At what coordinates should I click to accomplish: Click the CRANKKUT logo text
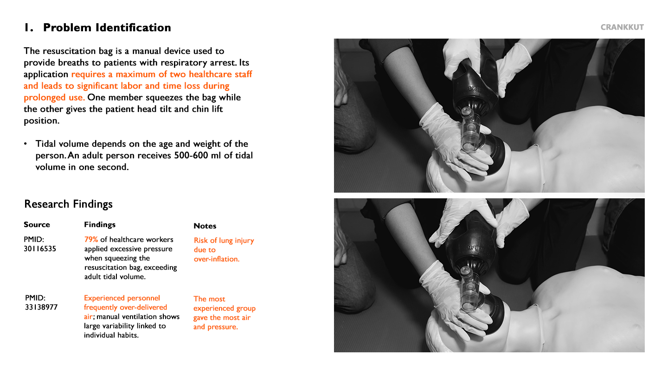[622, 27]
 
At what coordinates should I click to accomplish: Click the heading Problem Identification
[107, 27]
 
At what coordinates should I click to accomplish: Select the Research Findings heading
[68, 204]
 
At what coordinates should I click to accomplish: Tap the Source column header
[37, 224]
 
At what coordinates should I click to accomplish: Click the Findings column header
[100, 225]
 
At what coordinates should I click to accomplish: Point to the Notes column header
[205, 226]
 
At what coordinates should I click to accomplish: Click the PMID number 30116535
[40, 249]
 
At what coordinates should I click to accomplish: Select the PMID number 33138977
[41, 307]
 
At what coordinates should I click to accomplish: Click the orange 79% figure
[91, 240]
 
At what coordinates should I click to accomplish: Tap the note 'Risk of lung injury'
[224, 240]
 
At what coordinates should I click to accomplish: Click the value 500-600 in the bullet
[191, 156]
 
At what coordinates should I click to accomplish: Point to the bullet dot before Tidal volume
[26, 144]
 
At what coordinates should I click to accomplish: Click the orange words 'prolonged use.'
[54, 97]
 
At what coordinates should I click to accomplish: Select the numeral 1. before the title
[29, 27]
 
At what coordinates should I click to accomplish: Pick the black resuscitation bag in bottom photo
[471, 242]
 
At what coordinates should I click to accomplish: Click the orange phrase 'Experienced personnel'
[122, 298]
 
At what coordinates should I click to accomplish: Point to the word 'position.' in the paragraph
[41, 121]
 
